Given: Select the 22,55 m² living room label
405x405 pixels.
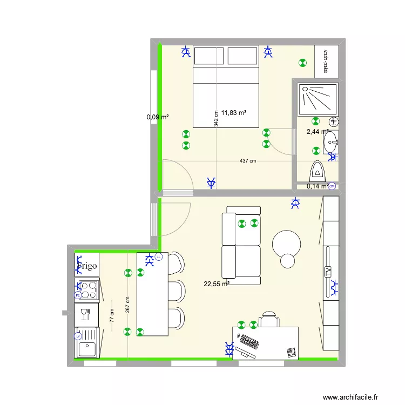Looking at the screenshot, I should (x=216, y=283).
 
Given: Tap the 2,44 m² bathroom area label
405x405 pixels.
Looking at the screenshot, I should (x=317, y=131).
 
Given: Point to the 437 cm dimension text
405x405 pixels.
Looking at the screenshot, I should (x=249, y=160).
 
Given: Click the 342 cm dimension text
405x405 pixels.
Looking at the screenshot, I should (x=216, y=119).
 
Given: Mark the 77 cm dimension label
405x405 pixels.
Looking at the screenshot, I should (x=112, y=316).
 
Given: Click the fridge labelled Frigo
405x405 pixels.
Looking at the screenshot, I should (x=86, y=266).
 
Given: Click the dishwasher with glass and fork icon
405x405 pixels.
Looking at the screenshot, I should (x=86, y=314).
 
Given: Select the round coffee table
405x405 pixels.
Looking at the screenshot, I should (x=286, y=244).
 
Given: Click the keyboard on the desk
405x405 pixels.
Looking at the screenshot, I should (x=249, y=342).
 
